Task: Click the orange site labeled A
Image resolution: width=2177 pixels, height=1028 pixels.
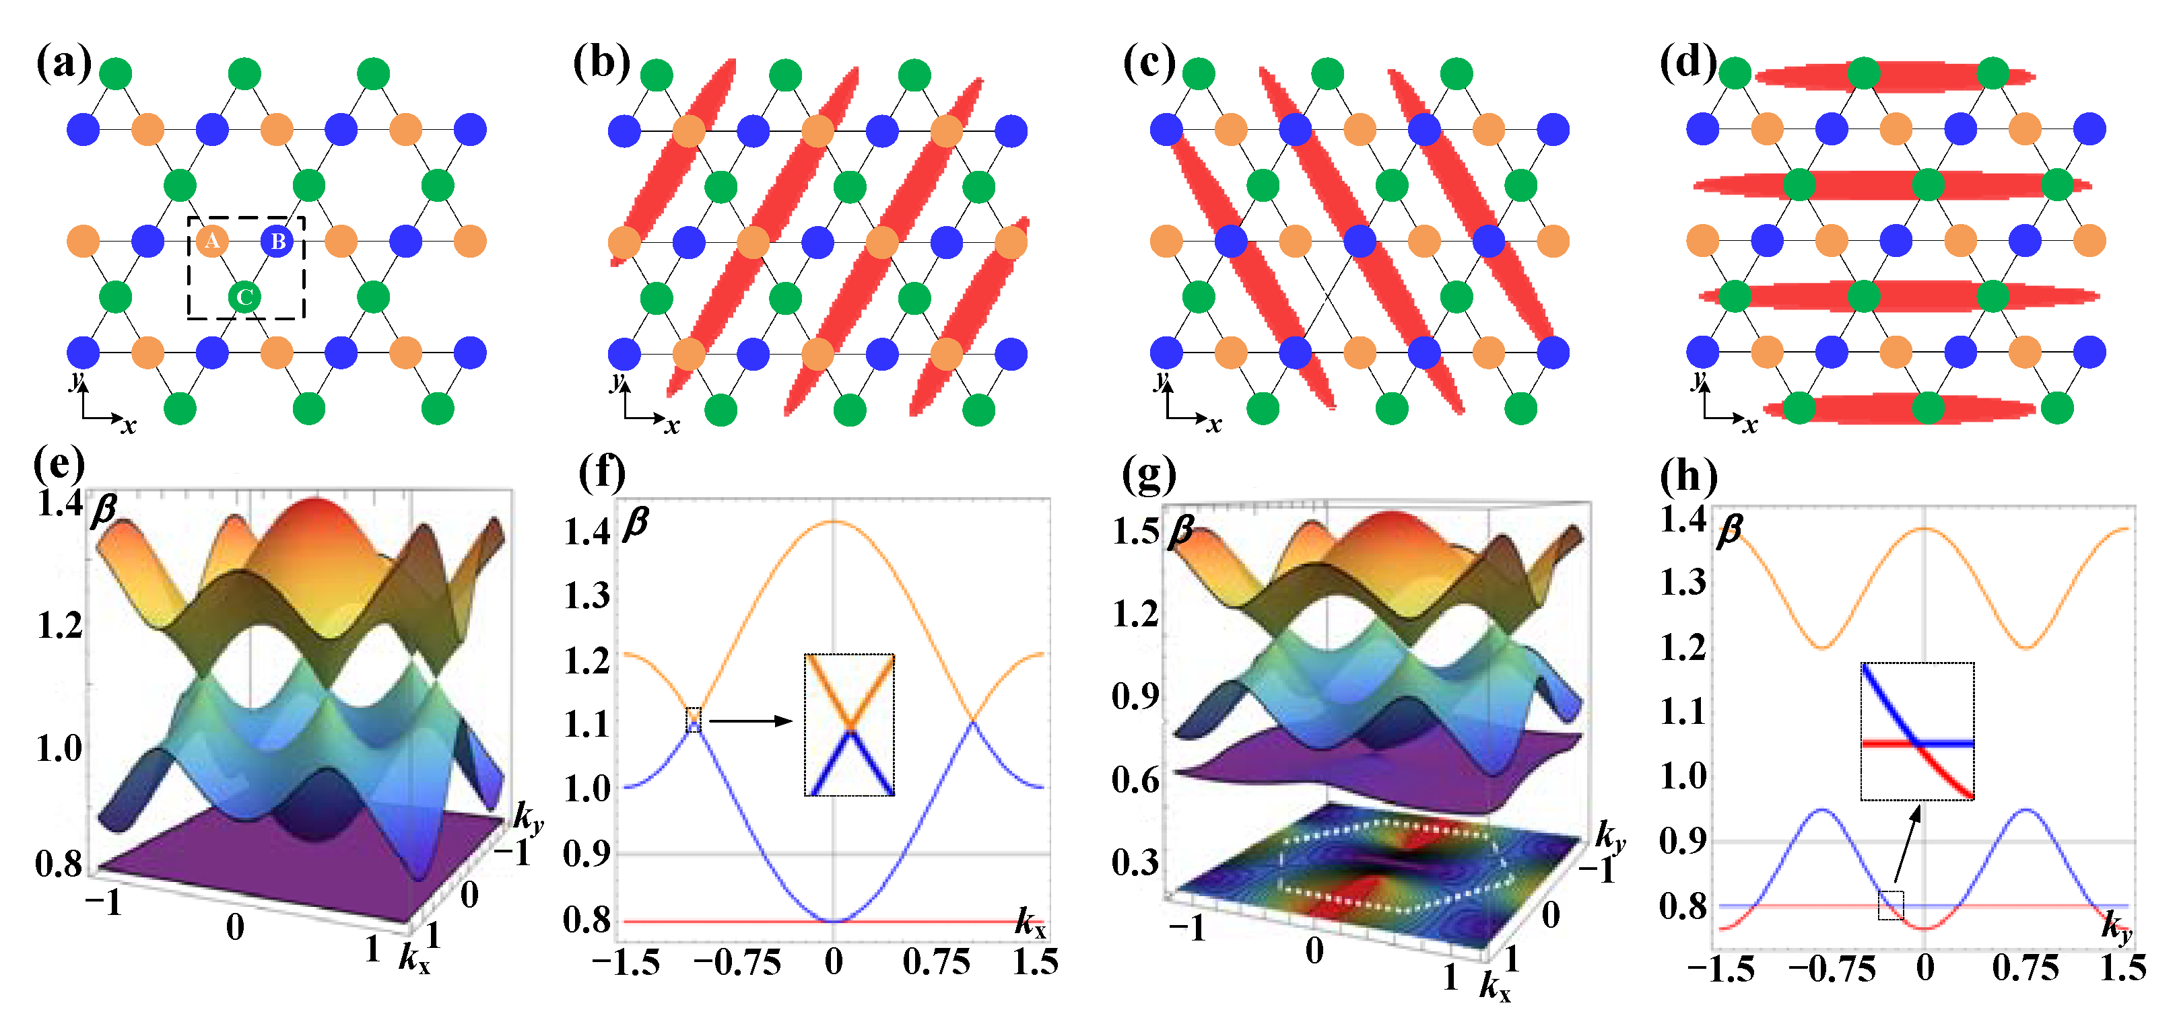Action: pos(211,242)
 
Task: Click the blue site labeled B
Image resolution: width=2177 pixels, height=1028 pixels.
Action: pos(277,242)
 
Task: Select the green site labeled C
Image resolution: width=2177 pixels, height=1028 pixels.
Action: pos(244,297)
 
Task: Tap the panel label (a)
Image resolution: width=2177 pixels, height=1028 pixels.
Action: pos(63,63)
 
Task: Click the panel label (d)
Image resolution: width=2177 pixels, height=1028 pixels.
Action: pos(1687,63)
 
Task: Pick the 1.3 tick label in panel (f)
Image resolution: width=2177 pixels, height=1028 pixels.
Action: pos(587,596)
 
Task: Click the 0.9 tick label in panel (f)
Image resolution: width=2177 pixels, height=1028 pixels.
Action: pos(587,854)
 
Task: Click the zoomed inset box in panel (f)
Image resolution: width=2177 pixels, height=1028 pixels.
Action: pos(848,725)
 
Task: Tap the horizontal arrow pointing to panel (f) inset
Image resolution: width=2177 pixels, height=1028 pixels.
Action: pos(749,721)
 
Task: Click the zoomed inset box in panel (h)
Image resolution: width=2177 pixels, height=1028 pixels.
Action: pos(1916,731)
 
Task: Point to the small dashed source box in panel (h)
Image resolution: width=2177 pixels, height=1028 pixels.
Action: pos(1891,906)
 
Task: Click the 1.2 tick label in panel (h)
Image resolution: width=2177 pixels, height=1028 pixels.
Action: pos(1683,648)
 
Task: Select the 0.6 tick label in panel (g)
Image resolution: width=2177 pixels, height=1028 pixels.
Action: pos(1135,780)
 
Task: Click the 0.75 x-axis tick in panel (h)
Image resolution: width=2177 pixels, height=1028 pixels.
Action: pos(2025,968)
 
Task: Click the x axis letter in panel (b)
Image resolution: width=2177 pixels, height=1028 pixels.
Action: pos(671,426)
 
